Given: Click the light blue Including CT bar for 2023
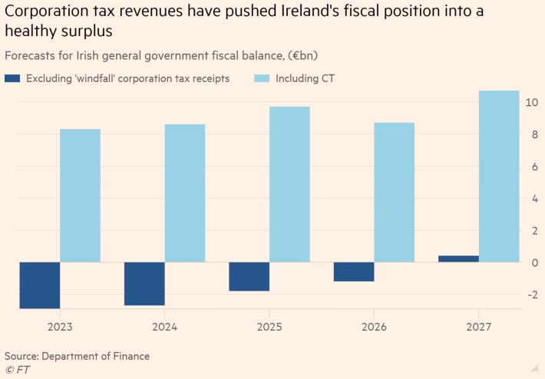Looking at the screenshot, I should coord(80,196).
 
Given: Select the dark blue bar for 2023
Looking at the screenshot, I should coord(40,285).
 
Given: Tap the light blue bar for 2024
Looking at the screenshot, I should coord(185,193).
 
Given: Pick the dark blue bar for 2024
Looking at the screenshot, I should coord(144,284).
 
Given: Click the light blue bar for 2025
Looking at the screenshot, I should coord(289,184).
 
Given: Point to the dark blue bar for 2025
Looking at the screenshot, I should coord(249,276).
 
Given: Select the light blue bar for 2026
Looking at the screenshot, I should coord(395,193).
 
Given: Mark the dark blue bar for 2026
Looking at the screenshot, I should coord(354,272).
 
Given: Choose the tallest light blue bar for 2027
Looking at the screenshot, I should coord(499,176).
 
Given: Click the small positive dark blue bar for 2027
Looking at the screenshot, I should coord(458,259).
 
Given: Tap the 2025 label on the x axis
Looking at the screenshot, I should coord(269,327).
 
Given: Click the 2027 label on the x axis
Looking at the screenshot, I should coord(479,327).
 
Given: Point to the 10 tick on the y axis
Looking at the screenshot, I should coord(530,103).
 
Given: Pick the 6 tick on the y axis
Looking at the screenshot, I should coord(531,166).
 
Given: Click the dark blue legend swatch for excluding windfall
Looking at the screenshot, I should coord(12,78).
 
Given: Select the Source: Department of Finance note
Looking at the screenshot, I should coord(77,356).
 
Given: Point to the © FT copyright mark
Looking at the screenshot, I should coord(17,371).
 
